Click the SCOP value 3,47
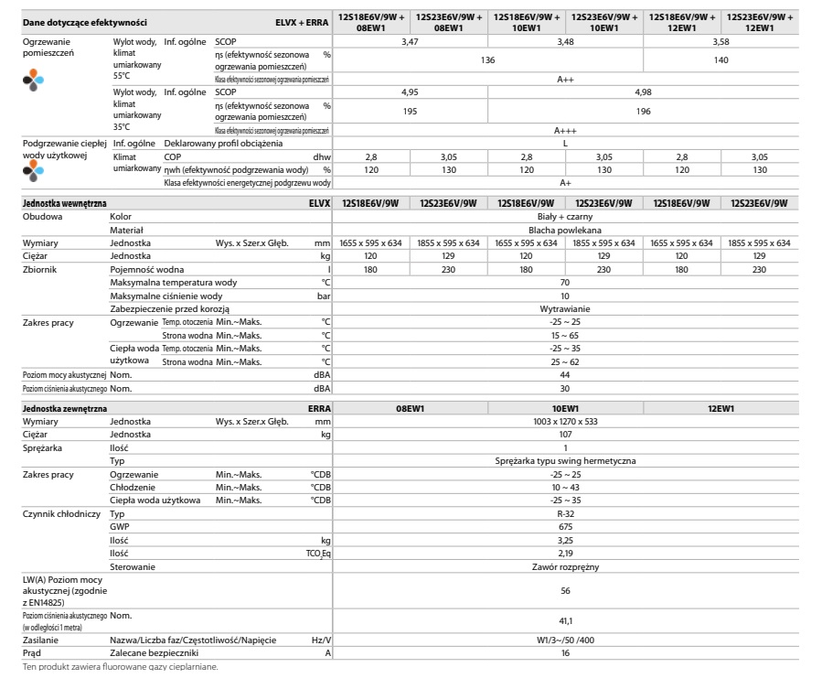[x=410, y=43]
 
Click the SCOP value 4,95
[x=410, y=91]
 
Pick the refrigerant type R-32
[x=565, y=514]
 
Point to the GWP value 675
[x=565, y=527]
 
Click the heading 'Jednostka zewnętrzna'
[x=57, y=408]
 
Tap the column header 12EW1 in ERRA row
[x=721, y=408]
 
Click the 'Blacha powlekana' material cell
[x=565, y=230]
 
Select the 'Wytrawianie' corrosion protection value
[x=565, y=308]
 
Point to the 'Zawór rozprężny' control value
[x=565, y=567]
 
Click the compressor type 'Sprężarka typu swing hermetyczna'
[x=565, y=461]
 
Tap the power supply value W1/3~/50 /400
[x=565, y=640]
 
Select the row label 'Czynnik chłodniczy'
[x=54, y=514]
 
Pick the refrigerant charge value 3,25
[x=565, y=541]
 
